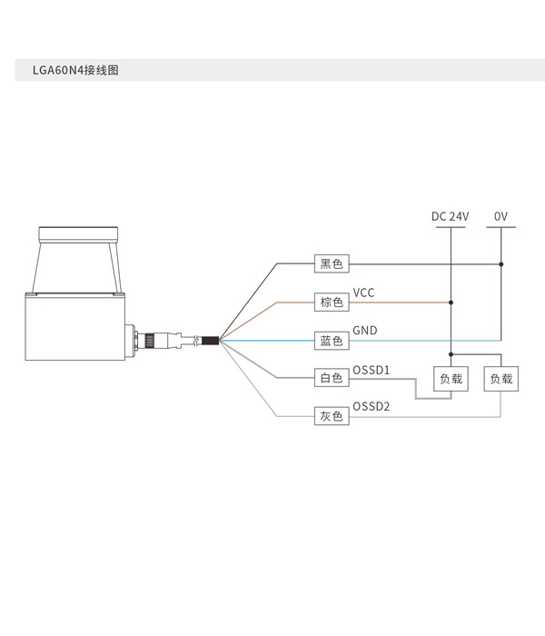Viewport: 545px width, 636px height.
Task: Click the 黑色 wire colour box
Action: [332, 263]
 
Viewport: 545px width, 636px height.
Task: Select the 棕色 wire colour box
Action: [332, 303]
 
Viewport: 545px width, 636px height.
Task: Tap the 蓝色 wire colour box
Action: [332, 341]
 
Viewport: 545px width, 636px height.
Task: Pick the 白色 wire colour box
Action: [332, 378]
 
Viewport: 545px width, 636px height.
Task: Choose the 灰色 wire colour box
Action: [332, 416]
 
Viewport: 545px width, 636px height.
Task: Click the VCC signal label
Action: [363, 293]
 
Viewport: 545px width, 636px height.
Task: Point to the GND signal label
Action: [365, 331]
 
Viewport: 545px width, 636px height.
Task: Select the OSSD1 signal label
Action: [371, 370]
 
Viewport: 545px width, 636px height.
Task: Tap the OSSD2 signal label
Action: [371, 406]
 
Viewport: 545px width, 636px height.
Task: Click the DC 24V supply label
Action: [451, 216]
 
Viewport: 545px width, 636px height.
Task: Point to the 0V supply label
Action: [500, 216]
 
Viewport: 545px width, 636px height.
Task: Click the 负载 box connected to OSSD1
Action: [451, 379]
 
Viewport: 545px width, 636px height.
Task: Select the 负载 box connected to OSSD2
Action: [501, 379]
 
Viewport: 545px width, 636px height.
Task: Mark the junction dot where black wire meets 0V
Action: [501, 264]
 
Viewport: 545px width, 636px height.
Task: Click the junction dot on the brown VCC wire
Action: [451, 303]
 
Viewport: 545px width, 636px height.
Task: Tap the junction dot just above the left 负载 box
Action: [451, 354]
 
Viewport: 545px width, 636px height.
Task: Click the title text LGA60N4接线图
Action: [75, 70]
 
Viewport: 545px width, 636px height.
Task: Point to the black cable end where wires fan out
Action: [211, 341]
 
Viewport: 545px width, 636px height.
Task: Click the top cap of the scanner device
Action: [79, 234]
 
